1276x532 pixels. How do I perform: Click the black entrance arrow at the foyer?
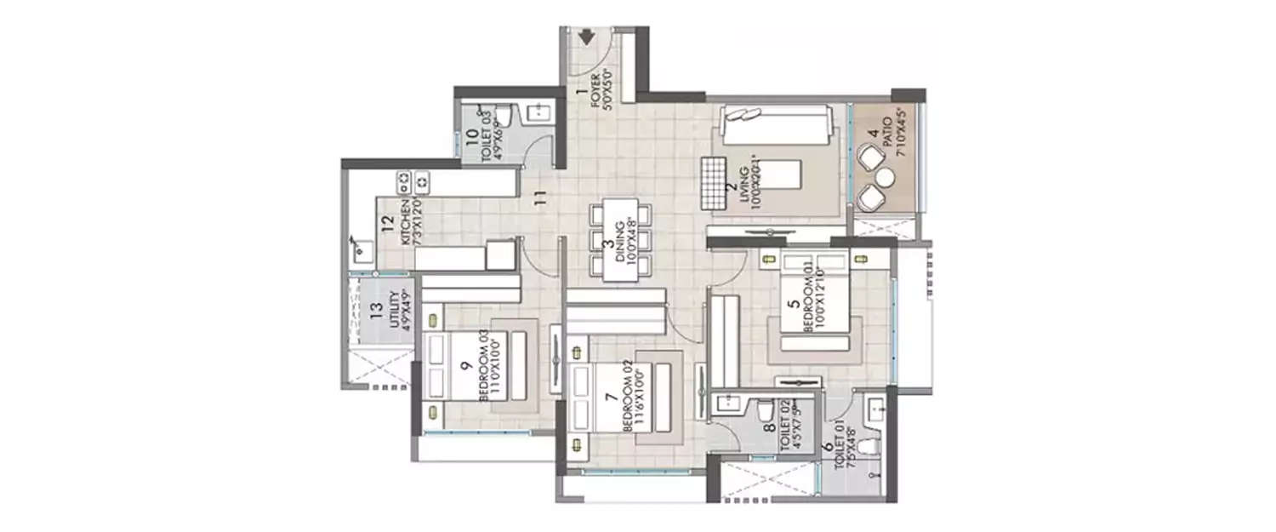pos(586,37)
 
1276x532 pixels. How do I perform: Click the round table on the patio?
pos(885,177)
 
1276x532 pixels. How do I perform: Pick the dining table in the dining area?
pos(624,241)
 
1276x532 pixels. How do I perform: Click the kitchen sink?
pos(362,250)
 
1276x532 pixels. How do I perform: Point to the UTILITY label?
pos(393,311)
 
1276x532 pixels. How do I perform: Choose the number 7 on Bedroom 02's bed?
pos(609,397)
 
